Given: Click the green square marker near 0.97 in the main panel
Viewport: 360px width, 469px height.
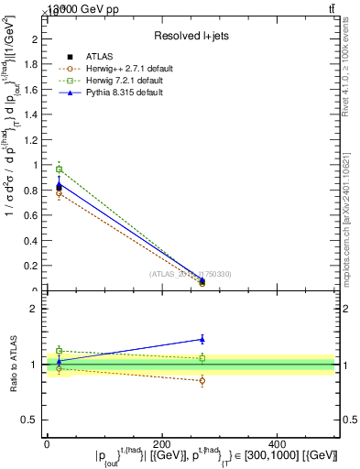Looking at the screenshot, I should (60, 169).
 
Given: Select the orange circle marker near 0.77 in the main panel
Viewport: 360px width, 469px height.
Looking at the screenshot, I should (60, 193).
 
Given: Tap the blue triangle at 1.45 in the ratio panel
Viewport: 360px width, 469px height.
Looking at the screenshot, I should (202, 339).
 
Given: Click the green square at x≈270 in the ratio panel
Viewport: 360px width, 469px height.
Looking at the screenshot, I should (202, 358).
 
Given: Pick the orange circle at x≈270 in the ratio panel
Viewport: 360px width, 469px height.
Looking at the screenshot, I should (202, 380).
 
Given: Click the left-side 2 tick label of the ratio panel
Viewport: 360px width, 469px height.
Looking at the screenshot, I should (36, 309).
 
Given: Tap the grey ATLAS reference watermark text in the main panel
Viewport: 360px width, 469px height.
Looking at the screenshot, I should (190, 273).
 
